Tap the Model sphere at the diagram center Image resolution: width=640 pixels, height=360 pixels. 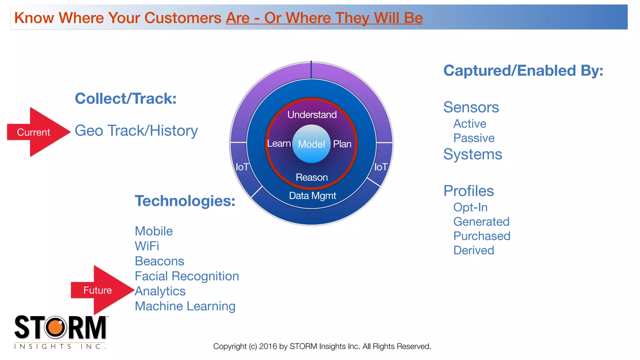pos(311,144)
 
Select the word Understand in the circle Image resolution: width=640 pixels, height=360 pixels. pos(312,115)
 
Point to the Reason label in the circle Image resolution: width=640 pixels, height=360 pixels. pos(312,177)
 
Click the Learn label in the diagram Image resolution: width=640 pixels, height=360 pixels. pos(279,143)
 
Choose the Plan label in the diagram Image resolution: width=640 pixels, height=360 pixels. pos(342,144)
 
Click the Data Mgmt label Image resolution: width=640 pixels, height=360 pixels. pos(312,196)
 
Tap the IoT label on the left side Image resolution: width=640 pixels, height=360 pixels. pos(242,167)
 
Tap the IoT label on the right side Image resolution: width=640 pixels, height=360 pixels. pos(381,167)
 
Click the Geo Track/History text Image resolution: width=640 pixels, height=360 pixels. pos(136,131)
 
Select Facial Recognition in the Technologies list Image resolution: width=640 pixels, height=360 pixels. pos(187,276)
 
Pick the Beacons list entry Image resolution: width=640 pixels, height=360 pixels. pos(159,261)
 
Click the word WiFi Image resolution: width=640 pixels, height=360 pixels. pos(147,246)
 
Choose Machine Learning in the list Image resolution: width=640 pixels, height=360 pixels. pos(185,306)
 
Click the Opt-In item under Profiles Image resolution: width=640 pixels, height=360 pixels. pos(470,207)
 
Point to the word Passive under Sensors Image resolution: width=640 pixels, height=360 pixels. pos(474,138)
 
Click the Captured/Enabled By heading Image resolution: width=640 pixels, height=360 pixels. pos(523,71)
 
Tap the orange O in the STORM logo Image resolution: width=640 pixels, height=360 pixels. pos(56,327)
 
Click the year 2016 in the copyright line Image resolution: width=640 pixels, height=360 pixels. pos(268,346)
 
